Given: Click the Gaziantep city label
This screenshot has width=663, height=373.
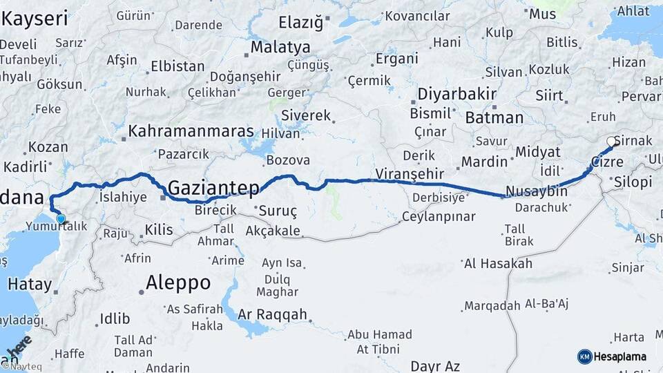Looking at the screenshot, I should pos(214,187).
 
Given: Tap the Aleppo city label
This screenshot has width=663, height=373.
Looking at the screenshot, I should pos(178,282).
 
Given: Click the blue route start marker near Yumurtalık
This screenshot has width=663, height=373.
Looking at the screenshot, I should pos(61,219).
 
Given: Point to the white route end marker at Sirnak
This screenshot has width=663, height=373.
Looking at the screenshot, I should pos(611,142).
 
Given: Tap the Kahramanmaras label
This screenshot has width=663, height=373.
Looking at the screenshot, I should pos(192,131).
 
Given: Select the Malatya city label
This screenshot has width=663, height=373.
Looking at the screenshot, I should pos(280,48).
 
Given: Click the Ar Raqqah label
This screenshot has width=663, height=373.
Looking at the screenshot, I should pos(272,314).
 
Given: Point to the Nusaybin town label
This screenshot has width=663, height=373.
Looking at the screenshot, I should pos(537,191).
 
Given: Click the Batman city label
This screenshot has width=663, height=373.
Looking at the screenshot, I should pos(494,117).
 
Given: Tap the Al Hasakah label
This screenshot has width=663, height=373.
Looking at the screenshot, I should pos(498,263).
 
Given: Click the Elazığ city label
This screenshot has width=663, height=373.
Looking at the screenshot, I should pos(300,23).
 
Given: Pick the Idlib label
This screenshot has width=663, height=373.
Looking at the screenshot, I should pos(115,318).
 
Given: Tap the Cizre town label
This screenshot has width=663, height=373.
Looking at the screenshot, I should pos(606,163).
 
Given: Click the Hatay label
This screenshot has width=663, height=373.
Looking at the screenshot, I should pos(29,284).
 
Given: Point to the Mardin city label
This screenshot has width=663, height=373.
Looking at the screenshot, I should pos(484,162).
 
